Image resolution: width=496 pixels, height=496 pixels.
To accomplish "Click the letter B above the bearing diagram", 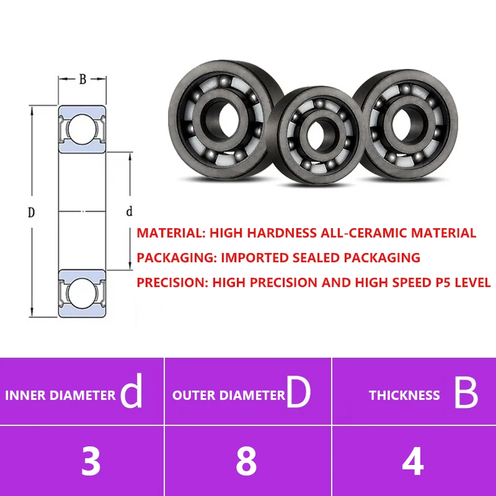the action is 82,79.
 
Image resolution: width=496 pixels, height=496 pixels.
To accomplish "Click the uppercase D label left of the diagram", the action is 31,212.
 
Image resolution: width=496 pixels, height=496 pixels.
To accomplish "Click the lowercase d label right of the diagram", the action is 129,211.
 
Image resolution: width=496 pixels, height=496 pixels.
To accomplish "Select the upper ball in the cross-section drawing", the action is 82,130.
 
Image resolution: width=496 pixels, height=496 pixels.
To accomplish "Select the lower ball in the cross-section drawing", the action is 82,293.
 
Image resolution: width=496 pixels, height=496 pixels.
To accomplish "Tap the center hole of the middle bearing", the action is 319,135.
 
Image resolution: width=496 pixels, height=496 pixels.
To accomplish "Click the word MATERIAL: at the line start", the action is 171,233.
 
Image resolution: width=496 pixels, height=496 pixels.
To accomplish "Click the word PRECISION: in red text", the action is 173,283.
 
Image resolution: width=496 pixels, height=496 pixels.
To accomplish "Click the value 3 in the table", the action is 91,461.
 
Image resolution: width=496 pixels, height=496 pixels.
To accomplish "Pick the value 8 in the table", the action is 246,461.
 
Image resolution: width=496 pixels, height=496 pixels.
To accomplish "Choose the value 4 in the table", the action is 413,461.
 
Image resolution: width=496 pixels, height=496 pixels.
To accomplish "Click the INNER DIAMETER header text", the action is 60,396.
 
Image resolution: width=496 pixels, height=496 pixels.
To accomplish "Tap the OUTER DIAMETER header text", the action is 229,396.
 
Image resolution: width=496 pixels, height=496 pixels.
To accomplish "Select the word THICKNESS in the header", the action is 404,396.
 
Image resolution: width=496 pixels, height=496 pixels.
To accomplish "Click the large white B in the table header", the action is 466,393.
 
